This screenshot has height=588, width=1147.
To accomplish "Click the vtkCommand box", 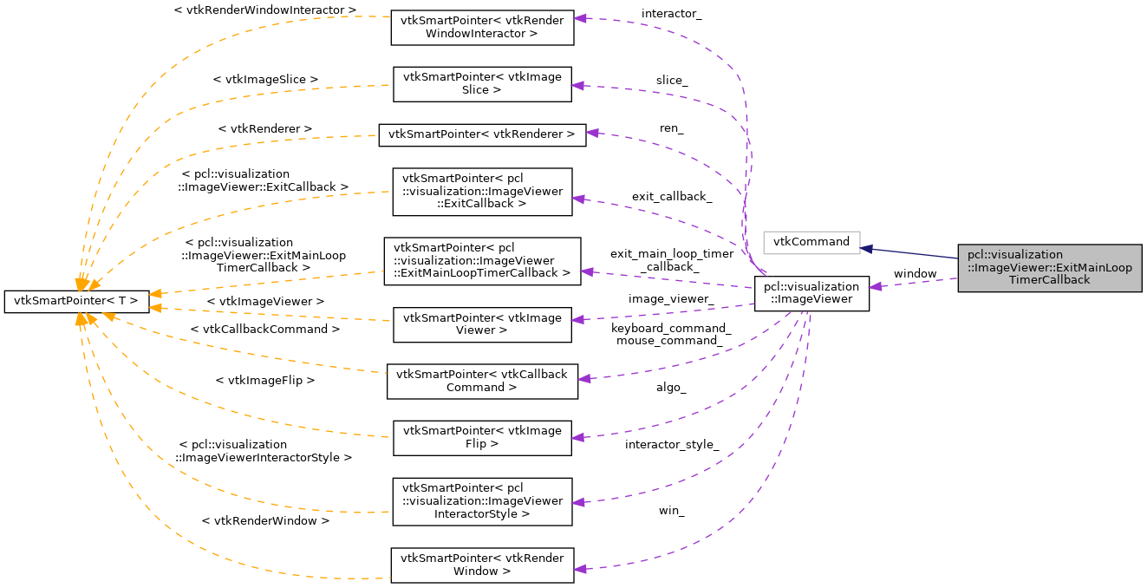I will tap(811, 242).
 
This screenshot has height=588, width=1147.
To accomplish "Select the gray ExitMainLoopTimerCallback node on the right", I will tap(1049, 267).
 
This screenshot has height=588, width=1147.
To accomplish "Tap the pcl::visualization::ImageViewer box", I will tap(811, 294).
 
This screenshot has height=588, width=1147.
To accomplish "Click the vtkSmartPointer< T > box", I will tap(76, 301).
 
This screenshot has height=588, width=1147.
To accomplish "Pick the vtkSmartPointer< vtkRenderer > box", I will tap(481, 134).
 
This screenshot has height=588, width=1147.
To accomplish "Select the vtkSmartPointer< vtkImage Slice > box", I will tap(482, 83).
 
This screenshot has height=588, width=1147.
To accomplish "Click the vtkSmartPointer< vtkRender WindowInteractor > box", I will tap(482, 28).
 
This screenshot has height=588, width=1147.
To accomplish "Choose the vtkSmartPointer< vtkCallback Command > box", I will tap(481, 381).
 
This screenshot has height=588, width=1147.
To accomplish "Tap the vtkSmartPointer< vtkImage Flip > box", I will tap(482, 437).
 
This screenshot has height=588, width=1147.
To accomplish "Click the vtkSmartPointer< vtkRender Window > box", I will tap(481, 565).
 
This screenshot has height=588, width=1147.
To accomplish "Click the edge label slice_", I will tap(671, 81).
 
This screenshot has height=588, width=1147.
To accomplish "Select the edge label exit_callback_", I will tap(671, 197).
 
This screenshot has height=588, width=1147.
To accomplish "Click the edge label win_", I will tap(671, 511).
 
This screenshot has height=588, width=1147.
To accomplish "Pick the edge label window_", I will tap(916, 274).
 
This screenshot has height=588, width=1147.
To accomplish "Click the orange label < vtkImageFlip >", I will tap(264, 380).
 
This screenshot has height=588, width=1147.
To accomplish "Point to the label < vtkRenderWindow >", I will tap(264, 521).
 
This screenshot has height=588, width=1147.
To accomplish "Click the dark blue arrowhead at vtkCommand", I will tap(866, 248).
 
